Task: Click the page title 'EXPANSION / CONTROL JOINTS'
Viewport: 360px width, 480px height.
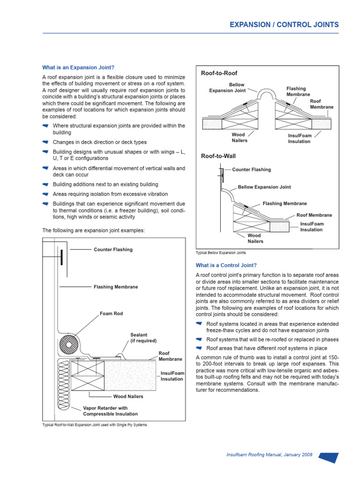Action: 284,25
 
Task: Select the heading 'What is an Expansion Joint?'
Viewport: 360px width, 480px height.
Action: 78,67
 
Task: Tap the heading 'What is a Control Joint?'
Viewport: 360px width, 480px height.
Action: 226,265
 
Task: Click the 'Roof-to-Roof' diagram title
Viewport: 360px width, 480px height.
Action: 219,74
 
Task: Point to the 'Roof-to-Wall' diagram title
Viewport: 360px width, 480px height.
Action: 218,156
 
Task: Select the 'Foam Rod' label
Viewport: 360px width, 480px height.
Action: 111,314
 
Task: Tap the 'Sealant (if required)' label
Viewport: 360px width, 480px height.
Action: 143,337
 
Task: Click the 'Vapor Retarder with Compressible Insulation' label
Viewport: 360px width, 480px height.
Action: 110,411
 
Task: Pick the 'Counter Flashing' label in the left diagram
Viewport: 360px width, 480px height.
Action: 113,249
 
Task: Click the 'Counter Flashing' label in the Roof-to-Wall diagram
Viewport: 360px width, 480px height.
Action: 251,170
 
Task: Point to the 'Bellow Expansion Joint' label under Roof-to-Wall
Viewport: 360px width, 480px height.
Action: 264,187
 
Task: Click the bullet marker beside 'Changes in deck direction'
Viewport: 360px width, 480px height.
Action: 45,142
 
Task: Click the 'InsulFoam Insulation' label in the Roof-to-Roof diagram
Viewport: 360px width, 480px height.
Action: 299,138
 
